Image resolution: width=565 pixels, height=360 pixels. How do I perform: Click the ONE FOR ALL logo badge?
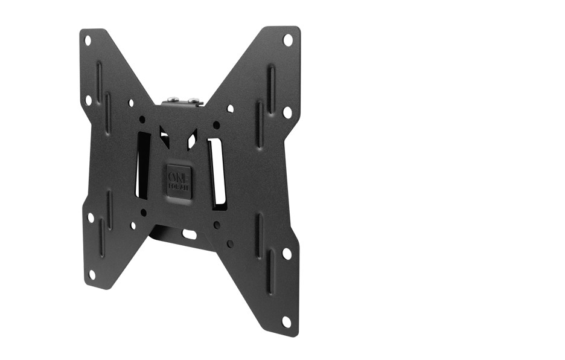click(x=179, y=178)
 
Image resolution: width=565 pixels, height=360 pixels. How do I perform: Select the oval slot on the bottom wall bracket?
click(x=189, y=233)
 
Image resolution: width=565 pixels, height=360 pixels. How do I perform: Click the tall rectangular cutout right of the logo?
click(x=218, y=172)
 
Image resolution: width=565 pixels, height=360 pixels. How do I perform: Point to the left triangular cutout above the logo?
click(x=164, y=135)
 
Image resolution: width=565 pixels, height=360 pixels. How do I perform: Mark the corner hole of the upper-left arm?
click(x=88, y=41)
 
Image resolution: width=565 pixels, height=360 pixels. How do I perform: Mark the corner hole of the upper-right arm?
click(x=288, y=40)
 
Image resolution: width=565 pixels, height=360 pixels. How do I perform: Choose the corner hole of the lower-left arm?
click(x=92, y=274)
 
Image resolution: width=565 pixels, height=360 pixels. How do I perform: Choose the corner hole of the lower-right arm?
click(x=287, y=321)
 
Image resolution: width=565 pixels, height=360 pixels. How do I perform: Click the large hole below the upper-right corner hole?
click(x=287, y=112)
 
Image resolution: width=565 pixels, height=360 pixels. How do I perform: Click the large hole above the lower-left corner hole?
click(x=91, y=217)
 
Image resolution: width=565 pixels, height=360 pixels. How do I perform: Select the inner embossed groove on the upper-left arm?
click(x=108, y=112)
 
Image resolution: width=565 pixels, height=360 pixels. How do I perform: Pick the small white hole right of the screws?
click(x=230, y=109)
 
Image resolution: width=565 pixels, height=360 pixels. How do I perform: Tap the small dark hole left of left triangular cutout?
click(x=143, y=119)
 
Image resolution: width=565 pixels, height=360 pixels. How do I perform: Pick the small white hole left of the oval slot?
click(x=133, y=225)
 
